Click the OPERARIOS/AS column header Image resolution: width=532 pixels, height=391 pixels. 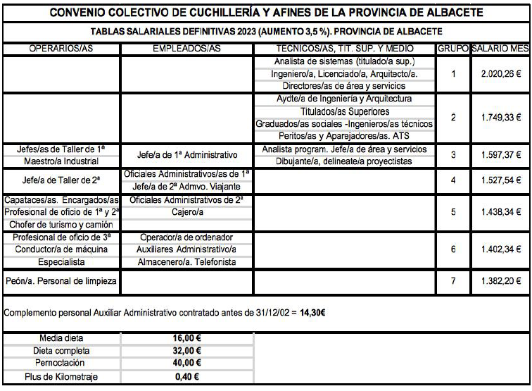[62, 49]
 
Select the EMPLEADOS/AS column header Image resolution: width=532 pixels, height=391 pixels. [187, 49]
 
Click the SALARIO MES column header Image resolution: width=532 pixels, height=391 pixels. [500, 49]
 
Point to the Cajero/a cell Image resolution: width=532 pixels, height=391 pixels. [187, 211]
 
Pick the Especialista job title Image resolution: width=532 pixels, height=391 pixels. [62, 262]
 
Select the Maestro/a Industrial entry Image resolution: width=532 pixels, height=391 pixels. [62, 162]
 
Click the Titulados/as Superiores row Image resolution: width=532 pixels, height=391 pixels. [344, 111]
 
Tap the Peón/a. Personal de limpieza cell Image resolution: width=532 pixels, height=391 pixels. [62, 281]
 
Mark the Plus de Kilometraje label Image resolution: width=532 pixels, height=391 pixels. [62, 377]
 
